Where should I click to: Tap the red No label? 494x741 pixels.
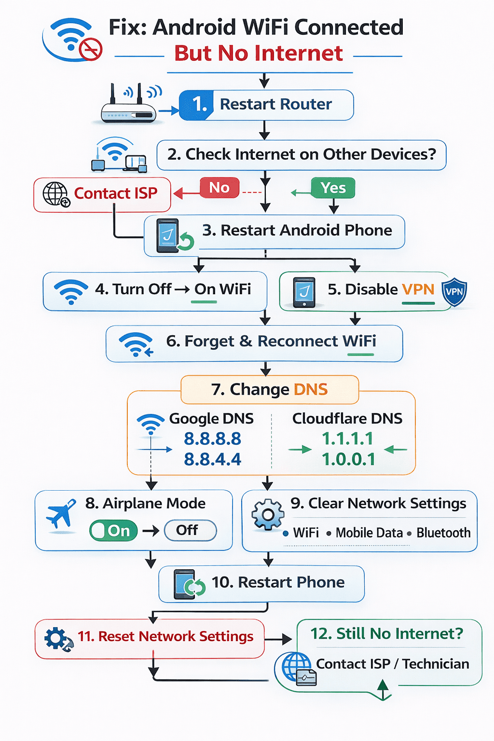(x=220, y=188)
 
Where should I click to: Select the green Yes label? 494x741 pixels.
(x=333, y=188)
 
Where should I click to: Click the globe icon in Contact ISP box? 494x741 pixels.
(x=56, y=194)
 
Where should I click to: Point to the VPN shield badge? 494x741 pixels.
(x=454, y=292)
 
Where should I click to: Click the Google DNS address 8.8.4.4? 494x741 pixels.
(x=212, y=459)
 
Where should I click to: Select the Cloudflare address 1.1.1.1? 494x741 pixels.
(x=347, y=439)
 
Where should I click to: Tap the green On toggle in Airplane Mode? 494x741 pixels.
(x=113, y=531)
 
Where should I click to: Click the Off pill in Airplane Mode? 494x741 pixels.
(x=190, y=530)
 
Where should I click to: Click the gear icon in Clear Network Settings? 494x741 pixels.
(x=268, y=515)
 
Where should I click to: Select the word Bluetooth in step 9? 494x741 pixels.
(x=443, y=533)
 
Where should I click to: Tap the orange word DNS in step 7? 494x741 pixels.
(x=311, y=389)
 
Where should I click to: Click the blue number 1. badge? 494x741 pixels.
(x=197, y=105)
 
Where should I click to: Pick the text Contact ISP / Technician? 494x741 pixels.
(x=392, y=664)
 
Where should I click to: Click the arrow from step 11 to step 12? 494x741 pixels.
(x=278, y=640)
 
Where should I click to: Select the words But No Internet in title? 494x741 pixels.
(x=259, y=53)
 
